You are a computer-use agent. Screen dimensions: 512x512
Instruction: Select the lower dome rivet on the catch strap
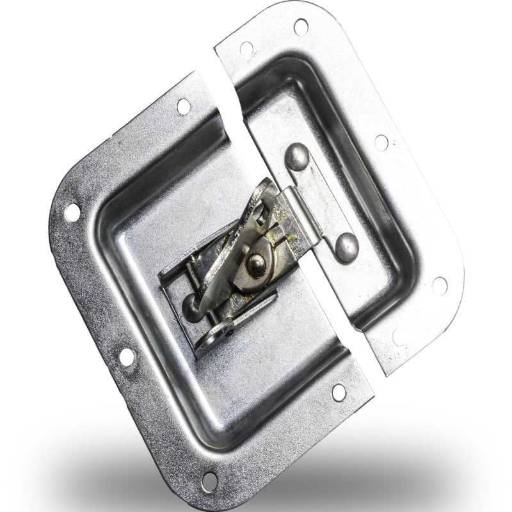tap(346, 247)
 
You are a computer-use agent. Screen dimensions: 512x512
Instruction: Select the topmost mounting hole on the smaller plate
tap(301, 26)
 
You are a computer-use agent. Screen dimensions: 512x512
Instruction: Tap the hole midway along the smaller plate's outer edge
tap(381, 142)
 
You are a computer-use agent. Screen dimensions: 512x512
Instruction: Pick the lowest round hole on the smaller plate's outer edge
tap(439, 285)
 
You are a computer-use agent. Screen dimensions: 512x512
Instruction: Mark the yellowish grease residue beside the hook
tap(282, 240)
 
